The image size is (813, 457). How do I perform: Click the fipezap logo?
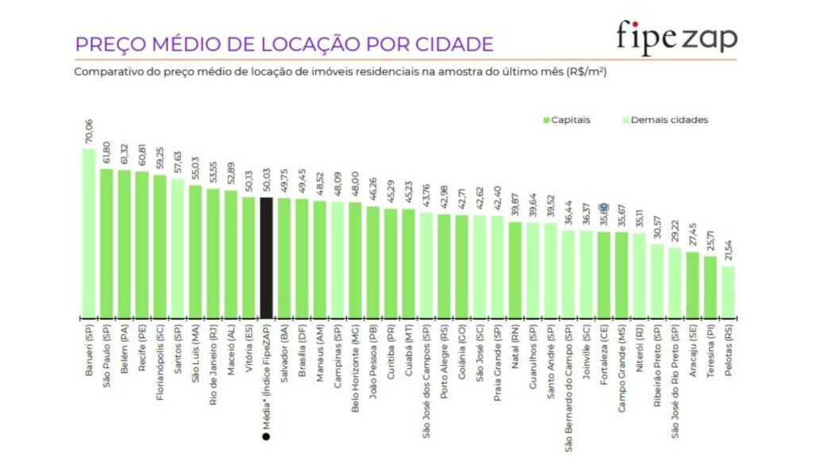click(676, 37)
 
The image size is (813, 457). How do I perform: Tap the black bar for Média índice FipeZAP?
click(267, 257)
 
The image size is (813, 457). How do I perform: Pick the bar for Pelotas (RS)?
click(728, 291)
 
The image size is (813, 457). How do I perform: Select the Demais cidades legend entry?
click(666, 120)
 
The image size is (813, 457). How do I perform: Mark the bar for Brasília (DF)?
click(302, 258)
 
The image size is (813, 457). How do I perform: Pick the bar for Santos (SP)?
click(178, 248)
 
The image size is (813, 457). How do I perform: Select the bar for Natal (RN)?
click(515, 269)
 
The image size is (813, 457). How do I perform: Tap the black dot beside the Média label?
click(267, 436)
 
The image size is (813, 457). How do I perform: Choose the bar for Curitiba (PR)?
click(391, 263)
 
